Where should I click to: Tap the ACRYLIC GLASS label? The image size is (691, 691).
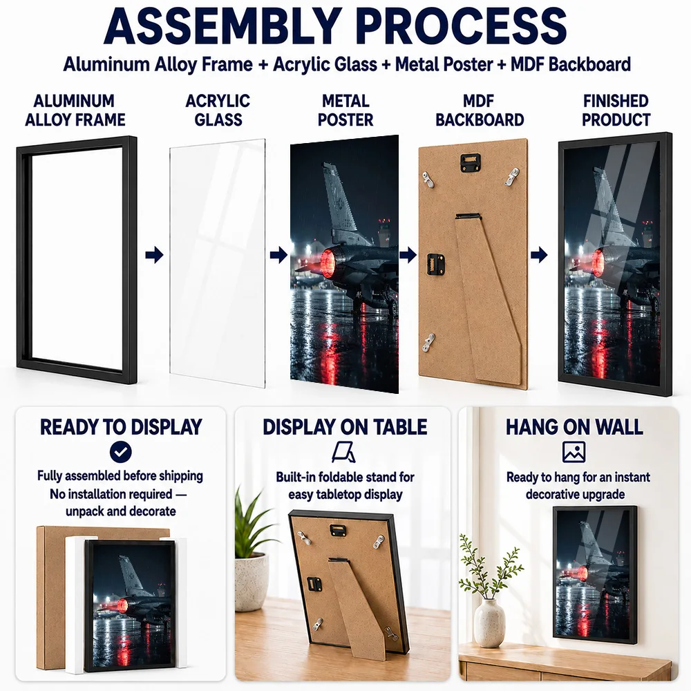pos(218,110)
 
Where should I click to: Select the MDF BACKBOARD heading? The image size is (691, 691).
pos(480,110)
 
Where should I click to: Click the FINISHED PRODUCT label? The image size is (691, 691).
pos(616,110)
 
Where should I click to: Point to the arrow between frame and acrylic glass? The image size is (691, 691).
pos(154,255)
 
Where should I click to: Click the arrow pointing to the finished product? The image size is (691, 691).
pos(539,255)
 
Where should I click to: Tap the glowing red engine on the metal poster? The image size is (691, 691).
pos(328,263)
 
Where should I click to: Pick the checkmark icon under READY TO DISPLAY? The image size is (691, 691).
pos(121,452)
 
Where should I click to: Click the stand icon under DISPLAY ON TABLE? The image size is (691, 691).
pos(343,452)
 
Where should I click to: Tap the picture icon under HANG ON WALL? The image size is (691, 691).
pos(574,452)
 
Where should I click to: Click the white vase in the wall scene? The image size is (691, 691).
pos(489,623)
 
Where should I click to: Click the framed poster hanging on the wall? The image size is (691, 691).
pos(595,575)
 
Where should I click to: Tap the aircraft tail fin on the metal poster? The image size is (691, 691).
pos(339,198)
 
